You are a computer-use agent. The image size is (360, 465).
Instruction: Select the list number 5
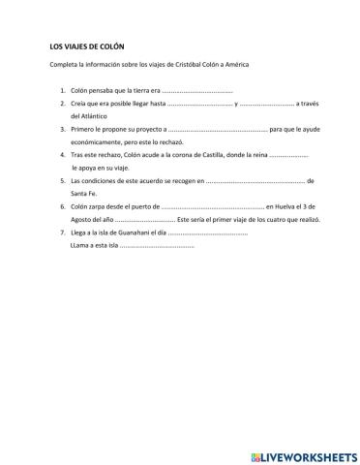click(61, 180)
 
